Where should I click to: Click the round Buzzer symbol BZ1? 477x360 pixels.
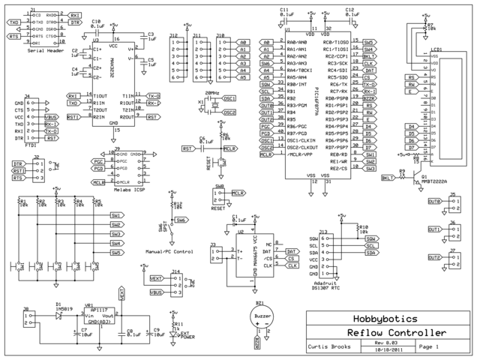pyautogui.click(x=262, y=317)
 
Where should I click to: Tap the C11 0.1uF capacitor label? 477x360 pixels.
pyautogui.click(x=284, y=12)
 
